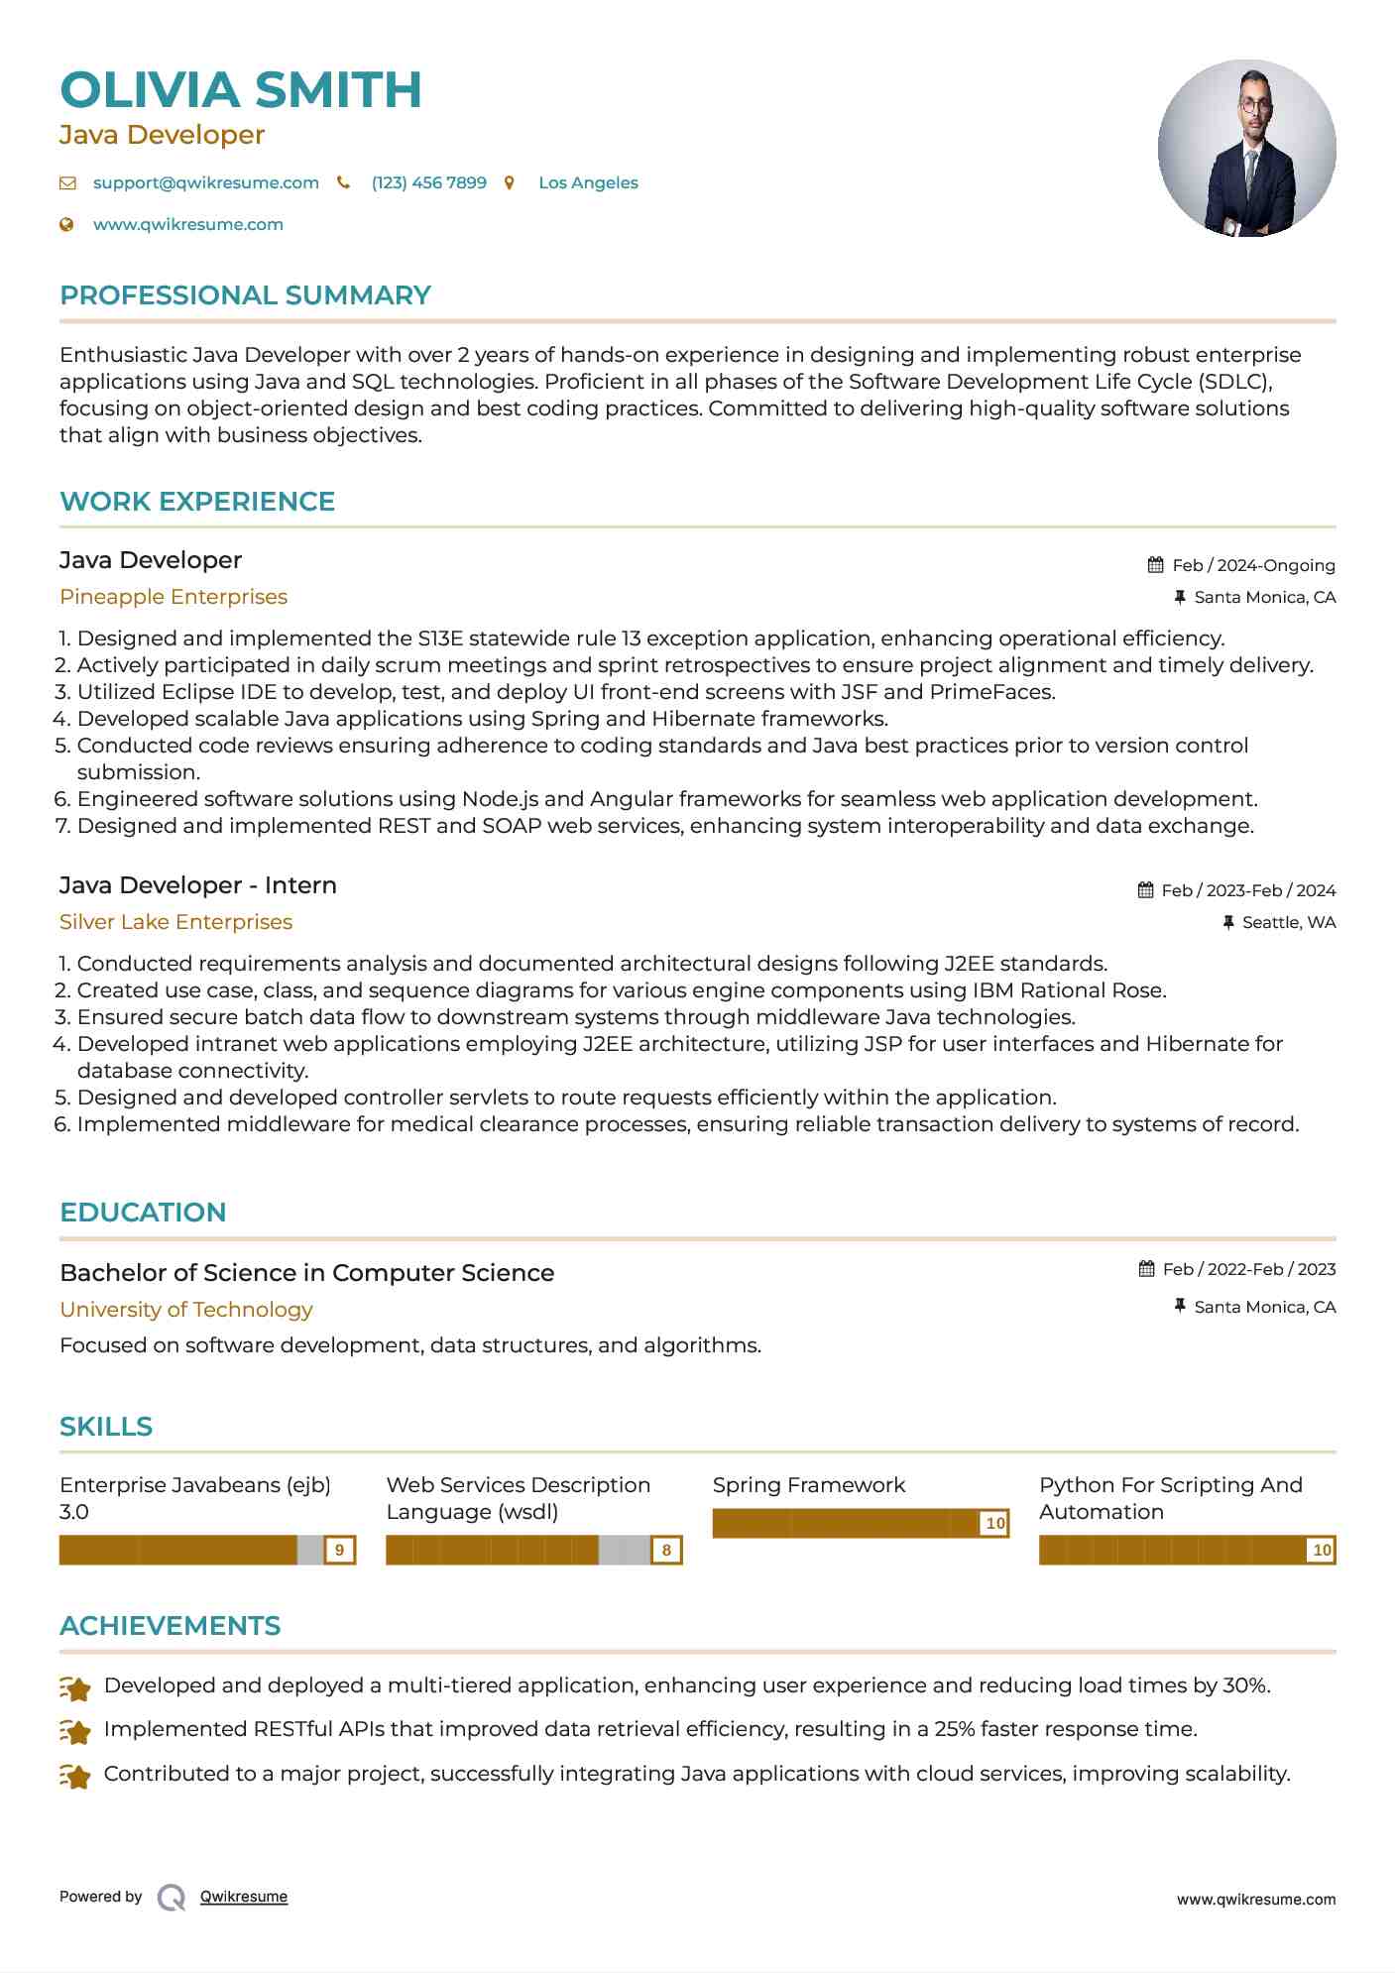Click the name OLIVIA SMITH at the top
point(241,90)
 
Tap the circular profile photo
point(1246,149)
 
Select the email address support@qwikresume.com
point(205,183)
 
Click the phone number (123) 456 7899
point(428,183)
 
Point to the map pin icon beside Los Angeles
point(510,183)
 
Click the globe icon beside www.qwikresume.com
point(67,225)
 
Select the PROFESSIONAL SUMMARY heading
point(245,295)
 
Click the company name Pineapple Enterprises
point(174,597)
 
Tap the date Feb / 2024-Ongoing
point(1253,565)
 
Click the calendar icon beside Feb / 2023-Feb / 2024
point(1145,890)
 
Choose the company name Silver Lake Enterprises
point(175,922)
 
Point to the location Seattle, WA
point(1289,923)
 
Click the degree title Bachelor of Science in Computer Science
point(306,1273)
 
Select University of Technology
point(186,1310)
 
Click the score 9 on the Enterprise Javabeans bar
point(340,1550)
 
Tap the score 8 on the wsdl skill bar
point(666,1550)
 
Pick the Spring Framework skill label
point(809,1485)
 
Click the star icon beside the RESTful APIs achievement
point(75,1731)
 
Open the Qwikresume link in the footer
point(244,1897)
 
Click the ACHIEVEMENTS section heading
point(170,1626)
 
